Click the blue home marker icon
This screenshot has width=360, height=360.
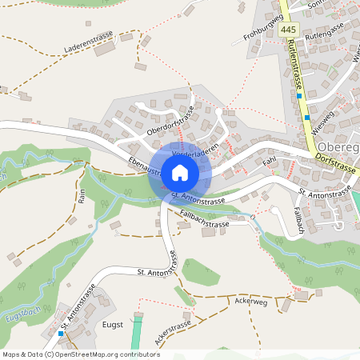point(180,172)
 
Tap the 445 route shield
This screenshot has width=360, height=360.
point(289,30)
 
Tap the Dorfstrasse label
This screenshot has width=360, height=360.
point(334,160)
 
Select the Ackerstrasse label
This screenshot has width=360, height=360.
point(173,333)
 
